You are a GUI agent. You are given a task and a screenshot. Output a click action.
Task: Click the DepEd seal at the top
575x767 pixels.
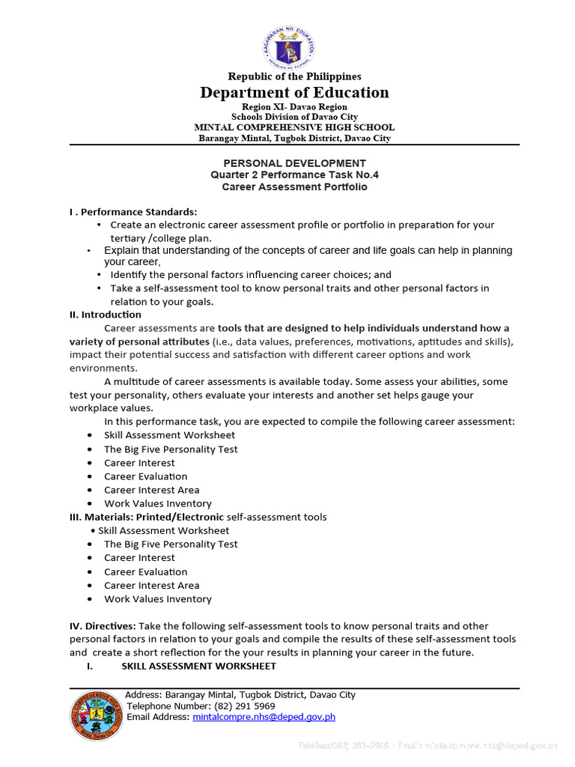coord(288,46)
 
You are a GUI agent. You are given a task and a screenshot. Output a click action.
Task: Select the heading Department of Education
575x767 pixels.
coord(294,92)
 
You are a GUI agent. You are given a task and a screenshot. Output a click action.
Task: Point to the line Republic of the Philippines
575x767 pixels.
coord(294,76)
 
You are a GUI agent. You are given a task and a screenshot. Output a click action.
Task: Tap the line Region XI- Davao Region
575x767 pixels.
coord(294,107)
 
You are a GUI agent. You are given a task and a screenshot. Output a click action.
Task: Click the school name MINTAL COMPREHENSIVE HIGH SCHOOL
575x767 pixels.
coord(294,127)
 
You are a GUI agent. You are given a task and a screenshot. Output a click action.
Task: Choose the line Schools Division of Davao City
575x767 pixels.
coord(294,117)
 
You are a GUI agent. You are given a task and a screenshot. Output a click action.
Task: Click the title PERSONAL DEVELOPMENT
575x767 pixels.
coord(294,163)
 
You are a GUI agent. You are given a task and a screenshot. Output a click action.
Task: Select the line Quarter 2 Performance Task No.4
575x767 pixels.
coord(294,175)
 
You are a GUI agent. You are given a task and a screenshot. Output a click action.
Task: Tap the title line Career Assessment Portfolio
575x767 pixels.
coord(294,187)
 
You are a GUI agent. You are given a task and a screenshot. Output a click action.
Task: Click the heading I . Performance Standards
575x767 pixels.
coord(133,211)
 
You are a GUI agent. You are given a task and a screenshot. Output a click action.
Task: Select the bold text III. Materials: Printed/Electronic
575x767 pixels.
coord(147,517)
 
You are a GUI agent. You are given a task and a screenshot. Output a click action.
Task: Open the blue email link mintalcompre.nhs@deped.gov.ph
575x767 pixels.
coord(264,717)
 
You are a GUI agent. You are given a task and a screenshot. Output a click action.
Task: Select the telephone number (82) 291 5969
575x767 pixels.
coord(245,706)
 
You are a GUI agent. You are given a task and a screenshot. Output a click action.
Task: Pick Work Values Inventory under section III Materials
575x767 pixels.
coord(157,599)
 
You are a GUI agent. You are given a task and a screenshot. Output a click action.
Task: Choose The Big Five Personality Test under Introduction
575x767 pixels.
coord(171,449)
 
